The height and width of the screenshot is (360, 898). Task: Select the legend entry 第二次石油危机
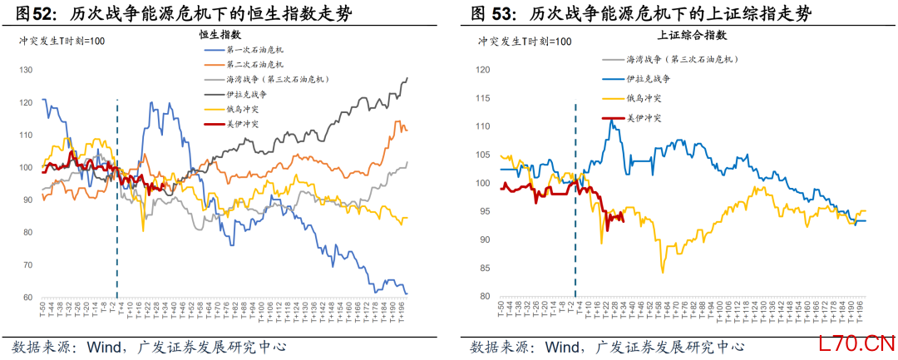tap(254, 64)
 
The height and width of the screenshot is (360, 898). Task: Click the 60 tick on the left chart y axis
tap(27, 298)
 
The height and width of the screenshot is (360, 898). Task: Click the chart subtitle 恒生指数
tap(220, 34)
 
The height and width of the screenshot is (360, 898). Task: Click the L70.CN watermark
tap(856, 342)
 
